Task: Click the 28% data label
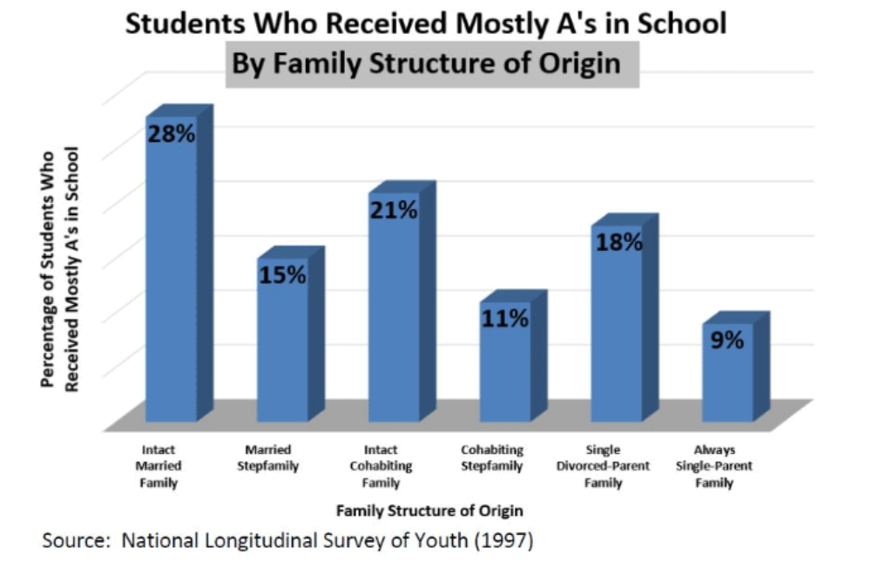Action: (x=171, y=136)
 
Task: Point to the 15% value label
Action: (x=282, y=275)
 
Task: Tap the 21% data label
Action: (x=394, y=211)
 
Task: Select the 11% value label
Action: (x=505, y=319)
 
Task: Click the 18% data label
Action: (x=618, y=243)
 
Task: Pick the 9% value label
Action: (x=727, y=341)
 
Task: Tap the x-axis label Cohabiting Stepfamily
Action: (x=492, y=458)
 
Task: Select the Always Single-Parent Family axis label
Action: (x=714, y=466)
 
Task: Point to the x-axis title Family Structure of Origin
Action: (x=430, y=510)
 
